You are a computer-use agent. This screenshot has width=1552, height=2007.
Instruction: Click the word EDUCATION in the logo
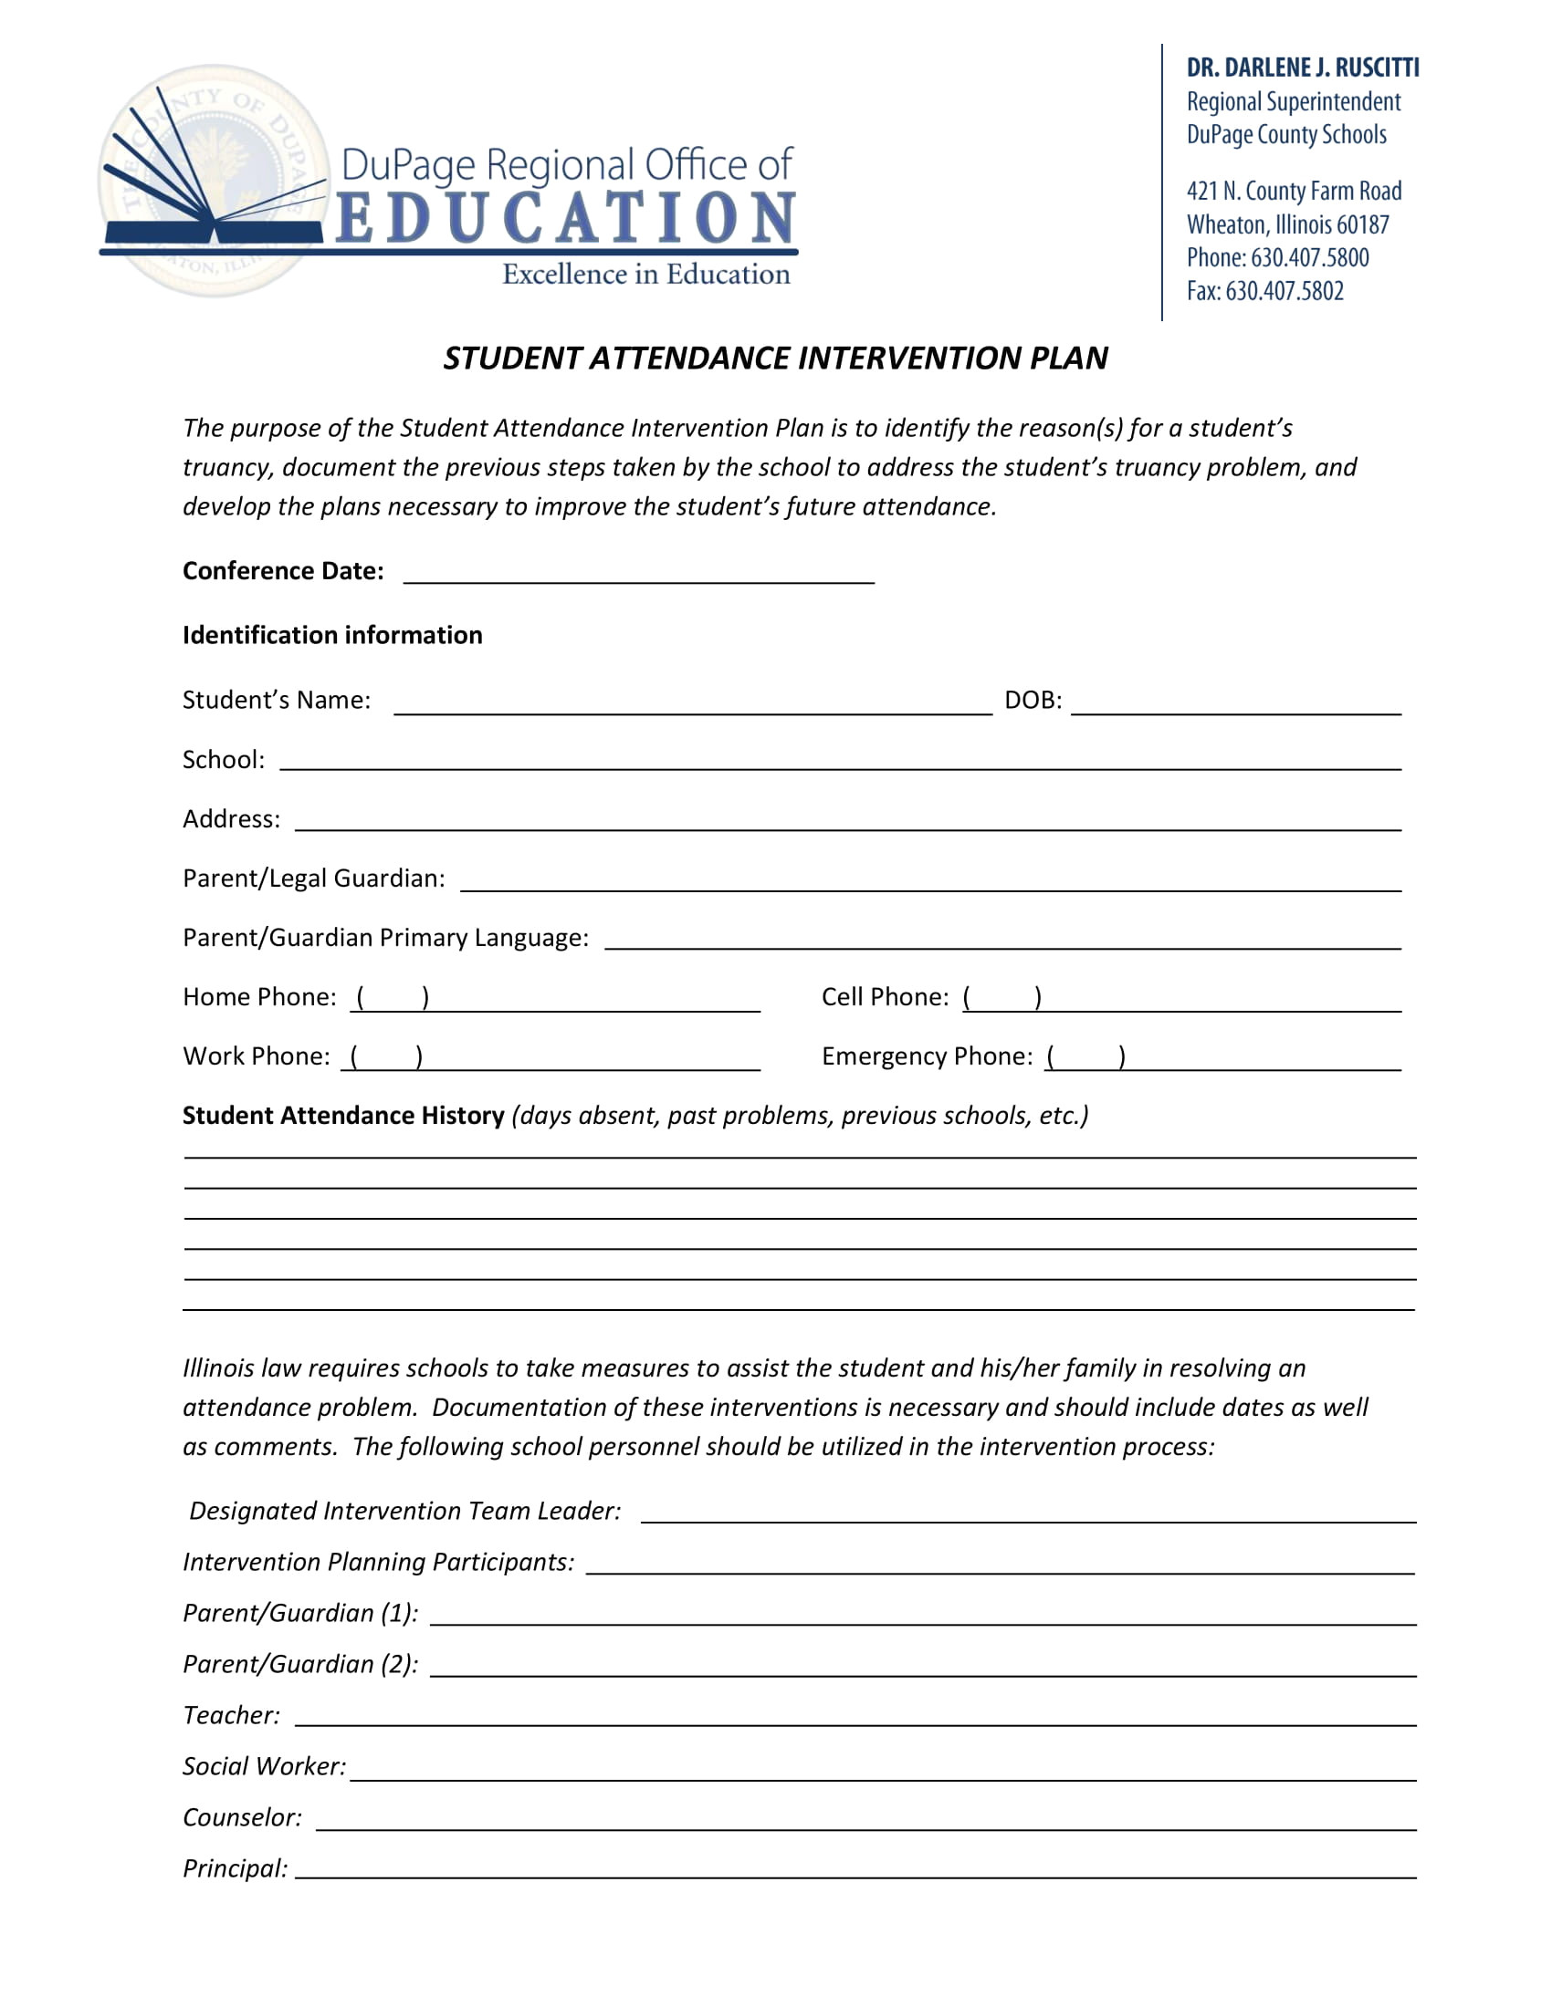pos(564,219)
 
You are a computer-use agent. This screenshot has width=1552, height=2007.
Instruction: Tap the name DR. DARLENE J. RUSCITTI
pos(1302,68)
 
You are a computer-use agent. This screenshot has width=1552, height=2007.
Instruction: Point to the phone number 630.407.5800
pos(1309,258)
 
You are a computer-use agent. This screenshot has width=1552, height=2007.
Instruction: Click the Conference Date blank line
pos(638,575)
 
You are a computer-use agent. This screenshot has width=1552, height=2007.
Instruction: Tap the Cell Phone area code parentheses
pos(1001,999)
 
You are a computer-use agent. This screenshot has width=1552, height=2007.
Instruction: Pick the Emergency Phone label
pos(926,1056)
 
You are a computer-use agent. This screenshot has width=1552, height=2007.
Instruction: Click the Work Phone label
pos(256,1056)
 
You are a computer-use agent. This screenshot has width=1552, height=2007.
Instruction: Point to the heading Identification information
pos(332,635)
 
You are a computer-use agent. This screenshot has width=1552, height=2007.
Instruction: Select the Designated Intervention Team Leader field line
pos(1027,1513)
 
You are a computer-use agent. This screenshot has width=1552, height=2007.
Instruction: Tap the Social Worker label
pos(264,1766)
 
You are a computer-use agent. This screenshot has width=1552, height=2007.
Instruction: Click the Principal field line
pos(855,1869)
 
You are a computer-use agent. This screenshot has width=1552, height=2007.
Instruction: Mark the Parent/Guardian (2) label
pos(299,1664)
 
